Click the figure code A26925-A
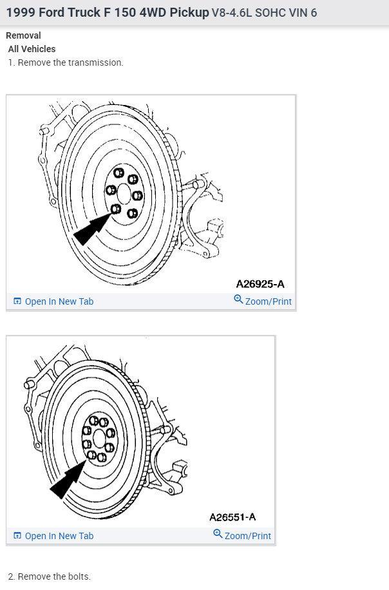tap(260, 283)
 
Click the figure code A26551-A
tap(232, 517)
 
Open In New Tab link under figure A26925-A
tap(59, 301)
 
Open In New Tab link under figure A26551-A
tap(59, 536)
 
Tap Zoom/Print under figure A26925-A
tap(268, 301)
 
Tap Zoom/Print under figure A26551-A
tap(247, 536)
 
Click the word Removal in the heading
tap(23, 36)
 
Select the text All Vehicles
tap(32, 49)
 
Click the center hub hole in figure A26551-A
tap(98, 438)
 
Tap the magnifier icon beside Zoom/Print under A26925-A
tap(238, 300)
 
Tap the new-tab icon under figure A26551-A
tap(17, 536)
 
